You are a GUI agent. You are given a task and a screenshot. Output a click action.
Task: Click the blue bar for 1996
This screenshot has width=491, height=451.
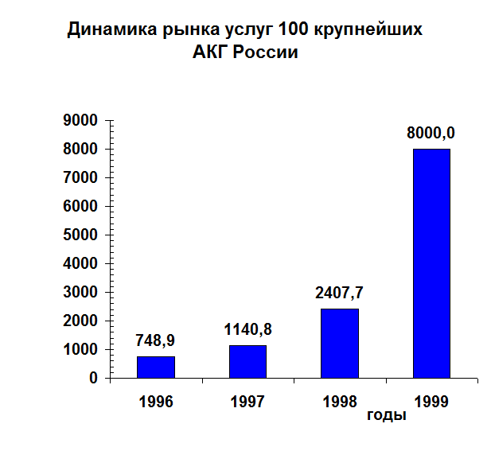click(156, 367)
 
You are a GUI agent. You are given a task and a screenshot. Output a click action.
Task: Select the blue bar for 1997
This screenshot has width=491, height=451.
click(247, 361)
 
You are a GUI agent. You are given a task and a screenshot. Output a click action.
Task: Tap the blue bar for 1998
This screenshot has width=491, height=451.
click(340, 343)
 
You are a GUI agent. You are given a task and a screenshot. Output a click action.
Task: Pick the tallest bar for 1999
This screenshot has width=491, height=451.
click(431, 263)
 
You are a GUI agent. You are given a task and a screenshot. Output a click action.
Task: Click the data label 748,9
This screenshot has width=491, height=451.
click(155, 340)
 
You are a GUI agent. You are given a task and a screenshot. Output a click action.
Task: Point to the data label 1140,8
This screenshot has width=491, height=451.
click(247, 329)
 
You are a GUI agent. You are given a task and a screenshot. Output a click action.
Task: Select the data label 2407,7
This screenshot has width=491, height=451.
click(340, 293)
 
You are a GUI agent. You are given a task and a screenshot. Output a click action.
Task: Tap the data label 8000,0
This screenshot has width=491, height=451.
click(431, 133)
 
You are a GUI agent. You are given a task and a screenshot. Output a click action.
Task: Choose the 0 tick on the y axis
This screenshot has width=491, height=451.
click(93, 378)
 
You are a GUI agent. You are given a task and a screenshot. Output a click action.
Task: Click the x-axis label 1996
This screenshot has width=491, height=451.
click(156, 402)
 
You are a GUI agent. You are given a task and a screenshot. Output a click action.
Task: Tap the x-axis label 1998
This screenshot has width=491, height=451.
click(340, 402)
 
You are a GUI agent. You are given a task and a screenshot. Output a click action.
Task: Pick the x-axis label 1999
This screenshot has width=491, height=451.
click(431, 402)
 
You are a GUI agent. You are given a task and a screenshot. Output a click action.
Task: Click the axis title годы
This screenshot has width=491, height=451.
click(387, 415)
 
